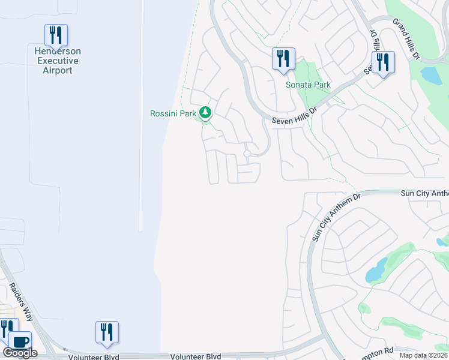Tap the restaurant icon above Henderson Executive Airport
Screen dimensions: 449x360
56,35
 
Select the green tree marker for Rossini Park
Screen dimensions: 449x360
205,112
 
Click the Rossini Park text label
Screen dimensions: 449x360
174,113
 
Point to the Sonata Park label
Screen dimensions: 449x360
308,85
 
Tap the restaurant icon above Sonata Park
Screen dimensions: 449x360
283,59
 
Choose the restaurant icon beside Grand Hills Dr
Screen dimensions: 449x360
382,62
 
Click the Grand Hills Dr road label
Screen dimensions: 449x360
406,38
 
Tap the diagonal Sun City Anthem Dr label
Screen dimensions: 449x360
335,217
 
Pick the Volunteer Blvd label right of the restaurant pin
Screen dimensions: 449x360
196,356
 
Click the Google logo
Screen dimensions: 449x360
20,353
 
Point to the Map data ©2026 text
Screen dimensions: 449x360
422,355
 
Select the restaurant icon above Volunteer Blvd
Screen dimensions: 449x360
107,333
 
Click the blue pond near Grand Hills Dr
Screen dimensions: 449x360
432,75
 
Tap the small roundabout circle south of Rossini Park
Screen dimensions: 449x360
247,154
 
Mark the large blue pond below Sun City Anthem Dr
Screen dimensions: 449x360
376,271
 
